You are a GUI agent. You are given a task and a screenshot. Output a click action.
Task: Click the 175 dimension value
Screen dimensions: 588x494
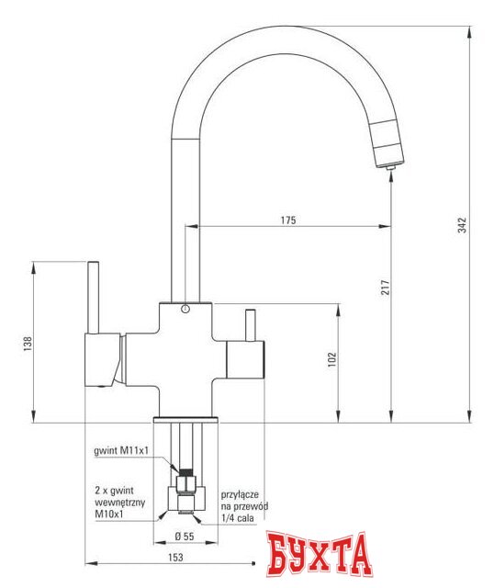[288, 220]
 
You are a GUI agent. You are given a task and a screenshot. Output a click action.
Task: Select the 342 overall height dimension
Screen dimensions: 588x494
[463, 224]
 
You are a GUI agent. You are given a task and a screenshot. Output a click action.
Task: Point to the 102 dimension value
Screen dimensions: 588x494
[332, 359]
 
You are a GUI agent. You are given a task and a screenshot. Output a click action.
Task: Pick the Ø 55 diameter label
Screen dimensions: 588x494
[185, 535]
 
